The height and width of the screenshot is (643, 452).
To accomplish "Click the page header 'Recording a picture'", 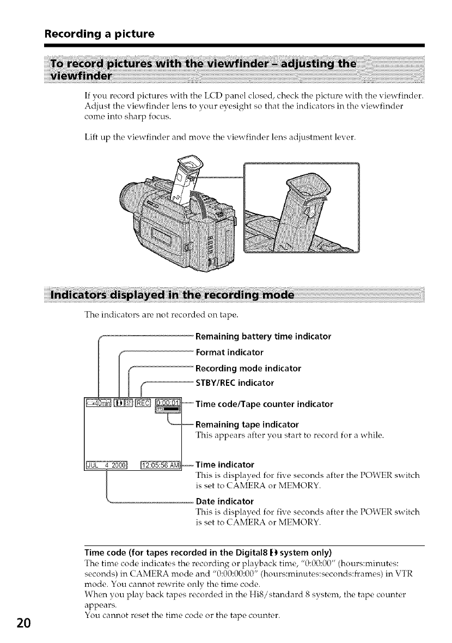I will click(x=100, y=34).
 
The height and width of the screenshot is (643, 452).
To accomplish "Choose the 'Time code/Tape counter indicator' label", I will click(x=264, y=404).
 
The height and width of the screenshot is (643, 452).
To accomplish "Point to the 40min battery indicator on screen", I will click(x=98, y=404).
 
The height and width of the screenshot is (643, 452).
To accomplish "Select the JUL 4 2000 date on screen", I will click(x=106, y=465).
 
